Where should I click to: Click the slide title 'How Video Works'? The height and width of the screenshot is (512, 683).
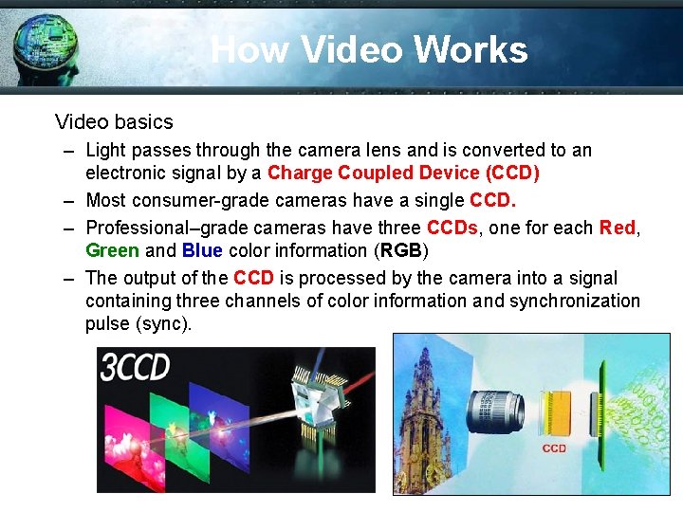pyautogui.click(x=369, y=49)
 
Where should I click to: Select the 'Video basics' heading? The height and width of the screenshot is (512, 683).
pyautogui.click(x=114, y=121)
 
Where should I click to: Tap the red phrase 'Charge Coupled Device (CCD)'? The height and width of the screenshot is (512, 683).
pyautogui.click(x=403, y=173)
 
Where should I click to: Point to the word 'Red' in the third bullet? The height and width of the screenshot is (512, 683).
pyautogui.click(x=618, y=228)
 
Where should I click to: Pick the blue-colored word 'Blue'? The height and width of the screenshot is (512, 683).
pyautogui.click(x=202, y=250)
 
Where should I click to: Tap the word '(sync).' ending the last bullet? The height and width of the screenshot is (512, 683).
pyautogui.click(x=164, y=323)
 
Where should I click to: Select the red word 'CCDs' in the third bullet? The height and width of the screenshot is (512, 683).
pyautogui.click(x=453, y=228)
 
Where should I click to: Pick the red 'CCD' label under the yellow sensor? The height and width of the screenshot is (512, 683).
pyautogui.click(x=554, y=448)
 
